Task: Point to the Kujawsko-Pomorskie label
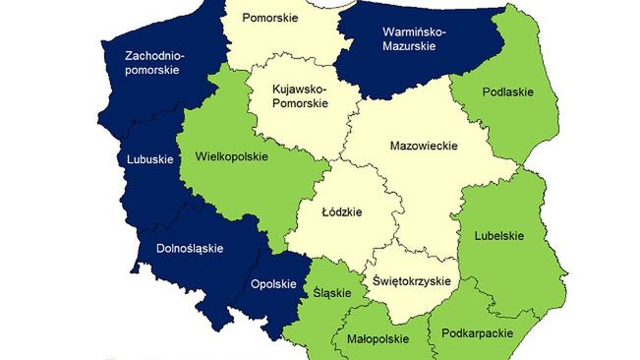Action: [x=301, y=96]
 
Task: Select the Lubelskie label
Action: [x=499, y=235]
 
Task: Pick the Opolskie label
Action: [x=273, y=284]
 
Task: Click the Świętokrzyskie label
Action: [x=412, y=281]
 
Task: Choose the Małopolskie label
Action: [x=378, y=338]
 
